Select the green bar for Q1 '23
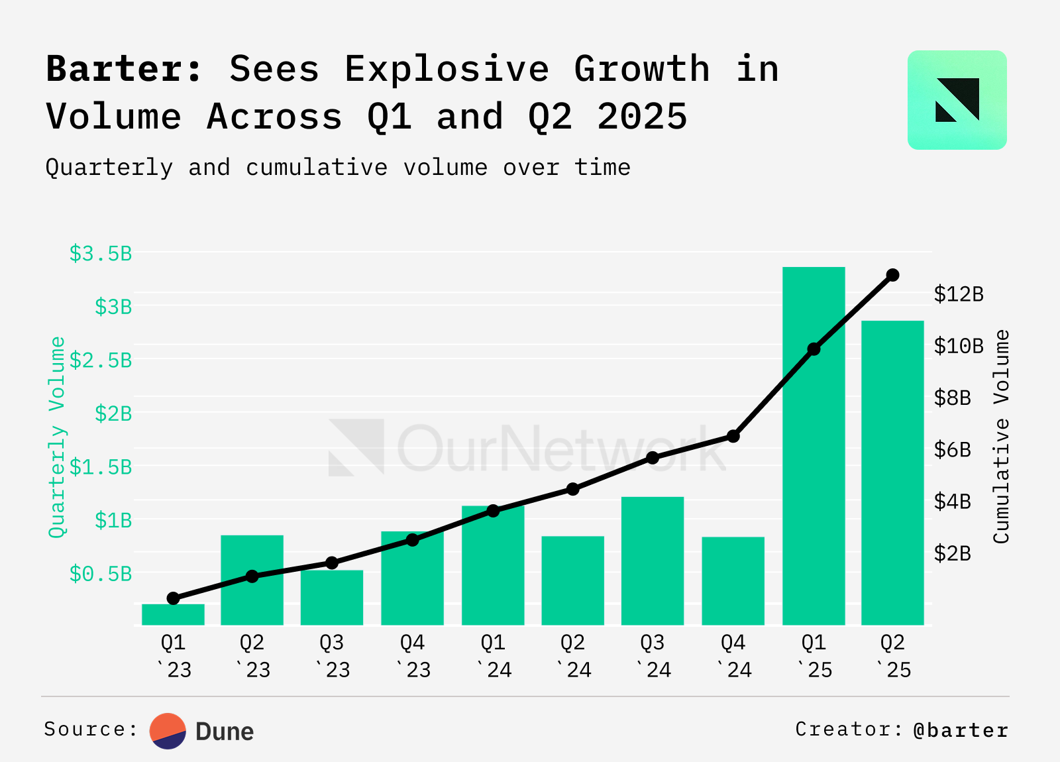tap(173, 614)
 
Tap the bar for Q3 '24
tap(653, 561)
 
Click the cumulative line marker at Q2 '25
tap(892, 275)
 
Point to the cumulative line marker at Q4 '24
tap(733, 436)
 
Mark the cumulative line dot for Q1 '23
tap(174, 598)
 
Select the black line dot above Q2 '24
tap(573, 489)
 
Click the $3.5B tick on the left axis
tap(101, 253)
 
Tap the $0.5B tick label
tap(101, 574)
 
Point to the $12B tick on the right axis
tap(959, 294)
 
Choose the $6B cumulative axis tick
tap(952, 450)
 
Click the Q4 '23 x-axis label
tap(413, 656)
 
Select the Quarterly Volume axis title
tap(58, 437)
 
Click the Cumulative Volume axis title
tap(1001, 437)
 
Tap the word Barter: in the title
tap(124, 69)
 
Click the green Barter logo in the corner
tap(957, 100)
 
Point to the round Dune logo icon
tap(168, 731)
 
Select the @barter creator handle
tap(960, 730)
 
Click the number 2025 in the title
tap(642, 117)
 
